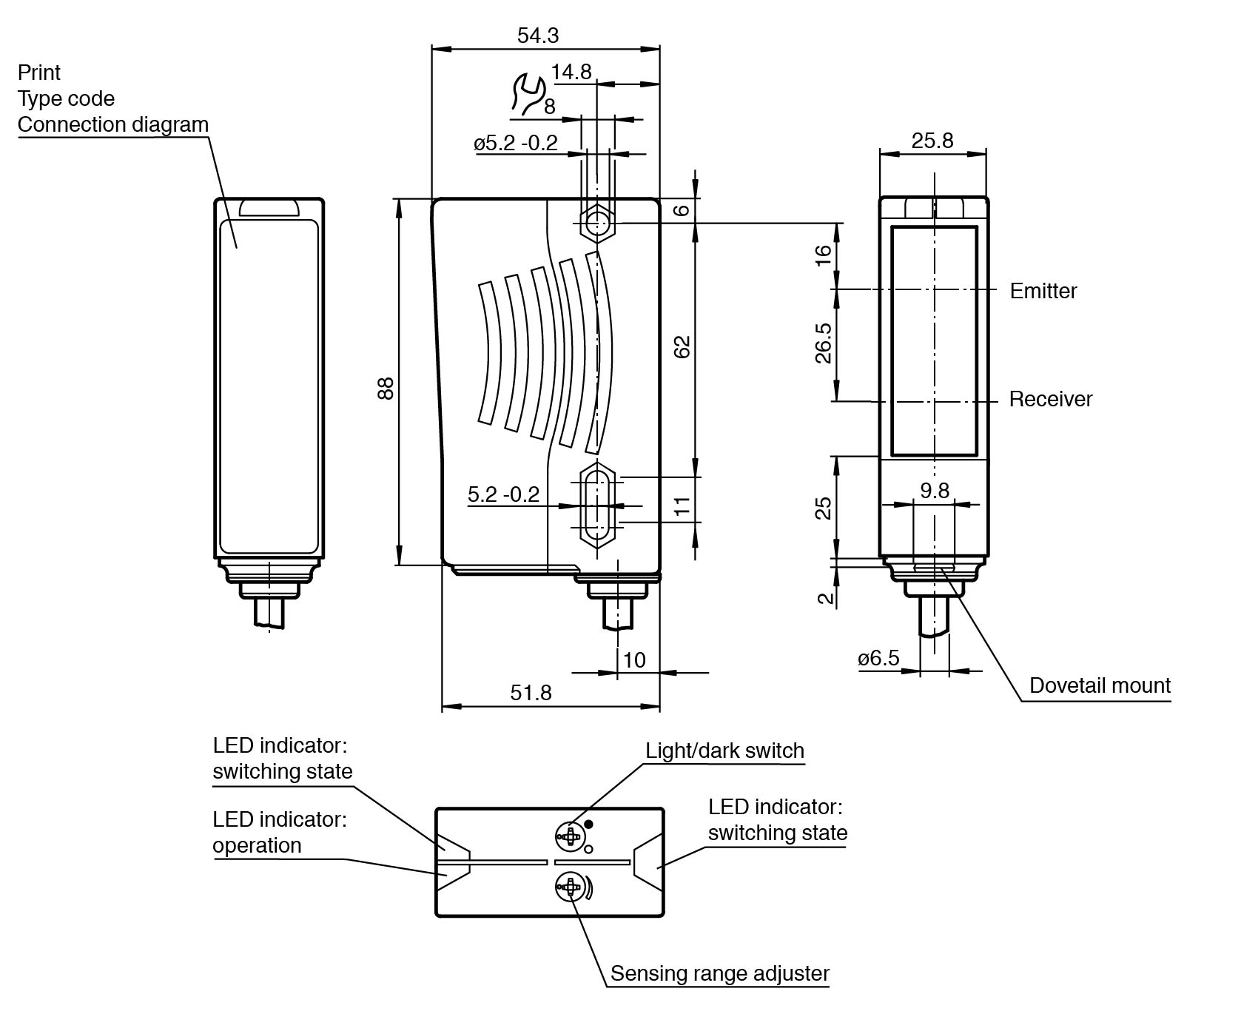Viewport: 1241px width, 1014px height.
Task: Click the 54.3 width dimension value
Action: click(x=538, y=35)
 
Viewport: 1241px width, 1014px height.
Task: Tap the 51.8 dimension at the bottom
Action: click(x=531, y=692)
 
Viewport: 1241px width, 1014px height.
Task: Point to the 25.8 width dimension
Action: click(x=932, y=140)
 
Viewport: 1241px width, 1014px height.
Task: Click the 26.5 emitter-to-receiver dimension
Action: click(x=823, y=343)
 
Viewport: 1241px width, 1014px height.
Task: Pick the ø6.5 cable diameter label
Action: click(x=878, y=658)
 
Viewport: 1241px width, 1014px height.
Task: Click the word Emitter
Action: click(x=1043, y=291)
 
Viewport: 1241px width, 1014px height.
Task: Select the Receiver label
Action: click(x=1050, y=400)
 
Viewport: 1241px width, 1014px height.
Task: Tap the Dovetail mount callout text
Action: click(x=1100, y=685)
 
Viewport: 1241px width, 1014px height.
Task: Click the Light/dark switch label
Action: click(x=724, y=751)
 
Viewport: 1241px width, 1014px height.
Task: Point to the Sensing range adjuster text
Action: click(x=719, y=973)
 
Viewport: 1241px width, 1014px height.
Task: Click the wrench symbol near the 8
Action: click(x=527, y=95)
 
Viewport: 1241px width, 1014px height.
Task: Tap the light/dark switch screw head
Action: click(x=569, y=836)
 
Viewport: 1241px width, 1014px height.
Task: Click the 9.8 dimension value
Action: click(x=934, y=491)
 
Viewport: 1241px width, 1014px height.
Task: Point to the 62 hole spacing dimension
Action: click(x=682, y=346)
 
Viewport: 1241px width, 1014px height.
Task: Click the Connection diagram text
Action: click(x=113, y=124)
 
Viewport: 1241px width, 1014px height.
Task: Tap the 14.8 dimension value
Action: click(x=571, y=72)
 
